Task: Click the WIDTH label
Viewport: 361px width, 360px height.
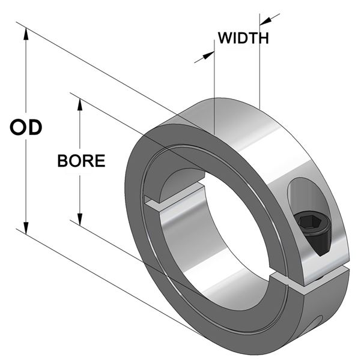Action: [243, 38]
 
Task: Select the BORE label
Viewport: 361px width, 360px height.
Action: [81, 161]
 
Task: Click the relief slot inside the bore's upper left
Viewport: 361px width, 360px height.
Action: [174, 198]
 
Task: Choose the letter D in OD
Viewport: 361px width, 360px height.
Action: [34, 128]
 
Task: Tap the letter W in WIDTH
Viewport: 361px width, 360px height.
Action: [224, 38]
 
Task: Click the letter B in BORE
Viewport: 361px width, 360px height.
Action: [63, 161]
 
